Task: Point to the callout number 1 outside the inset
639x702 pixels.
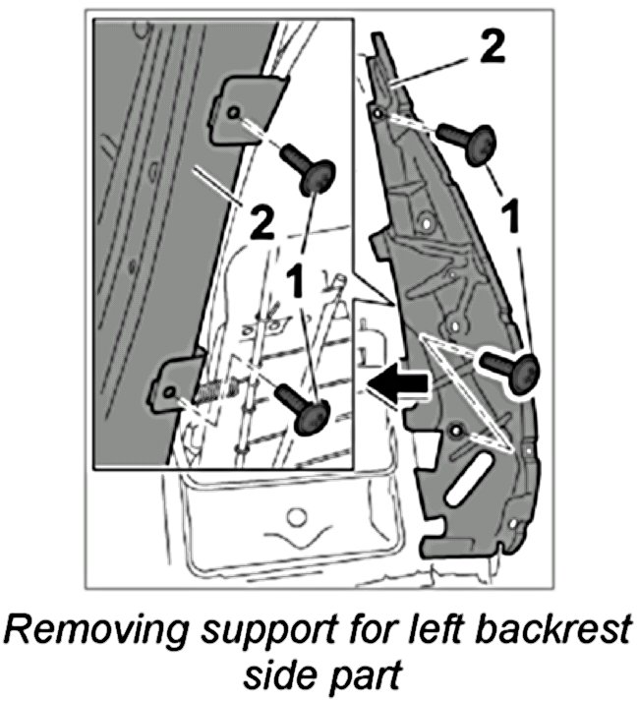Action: tap(510, 215)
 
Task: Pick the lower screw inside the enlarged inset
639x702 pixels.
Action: tap(301, 405)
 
